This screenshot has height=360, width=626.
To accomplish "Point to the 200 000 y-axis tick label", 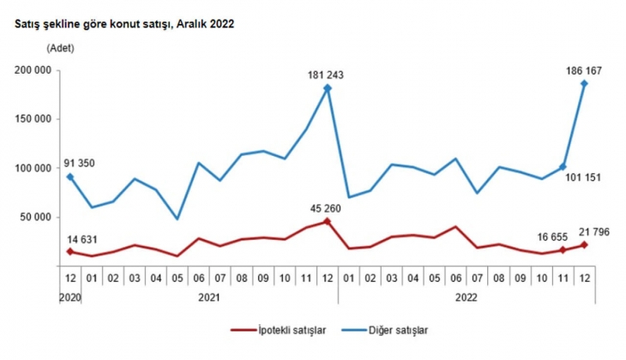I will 31,70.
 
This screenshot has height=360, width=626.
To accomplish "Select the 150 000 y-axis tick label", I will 31,119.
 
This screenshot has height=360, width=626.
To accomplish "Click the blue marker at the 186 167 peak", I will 584,83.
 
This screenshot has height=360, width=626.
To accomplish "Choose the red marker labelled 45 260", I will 328,221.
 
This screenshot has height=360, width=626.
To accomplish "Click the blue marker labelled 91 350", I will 70,177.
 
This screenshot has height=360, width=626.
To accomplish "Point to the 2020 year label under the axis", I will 70,297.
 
